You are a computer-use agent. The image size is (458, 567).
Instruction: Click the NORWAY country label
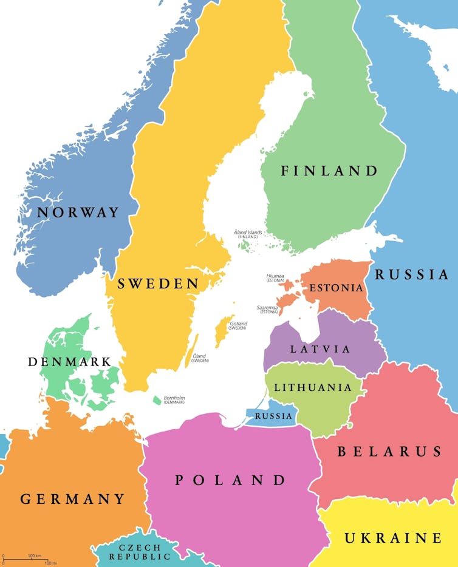click(x=78, y=212)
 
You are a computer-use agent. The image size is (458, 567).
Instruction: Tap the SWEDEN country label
click(x=158, y=283)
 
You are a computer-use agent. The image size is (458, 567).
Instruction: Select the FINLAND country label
click(x=329, y=171)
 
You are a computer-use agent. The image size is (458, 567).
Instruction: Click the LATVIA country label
click(x=320, y=349)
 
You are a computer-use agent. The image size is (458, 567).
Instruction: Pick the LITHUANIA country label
click(x=313, y=387)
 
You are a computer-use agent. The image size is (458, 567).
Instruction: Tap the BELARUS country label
click(x=389, y=452)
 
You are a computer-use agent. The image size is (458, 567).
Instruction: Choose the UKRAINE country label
click(x=393, y=538)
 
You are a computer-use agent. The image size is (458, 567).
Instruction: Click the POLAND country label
click(x=231, y=480)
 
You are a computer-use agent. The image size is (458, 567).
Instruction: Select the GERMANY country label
click(x=73, y=499)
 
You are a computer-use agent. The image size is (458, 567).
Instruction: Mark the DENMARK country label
click(x=69, y=362)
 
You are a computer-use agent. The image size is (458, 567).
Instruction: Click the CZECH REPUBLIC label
click(x=136, y=552)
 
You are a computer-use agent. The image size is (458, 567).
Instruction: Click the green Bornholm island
click(x=157, y=401)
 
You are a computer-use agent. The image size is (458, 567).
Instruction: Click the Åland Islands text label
click(x=248, y=234)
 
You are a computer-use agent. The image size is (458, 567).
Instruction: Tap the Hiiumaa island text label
click(x=275, y=277)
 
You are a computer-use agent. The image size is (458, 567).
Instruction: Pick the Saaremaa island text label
click(x=267, y=309)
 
